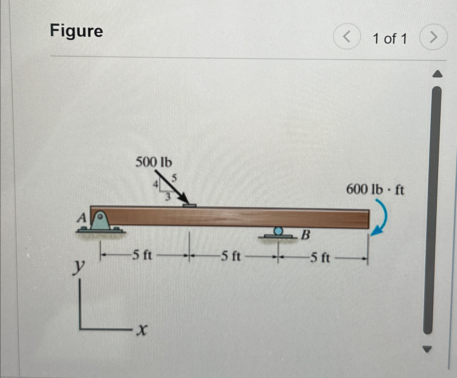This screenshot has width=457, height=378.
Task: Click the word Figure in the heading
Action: point(77,31)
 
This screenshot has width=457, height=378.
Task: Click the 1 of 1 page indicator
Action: point(390,39)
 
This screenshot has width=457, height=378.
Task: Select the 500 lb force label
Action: point(154,163)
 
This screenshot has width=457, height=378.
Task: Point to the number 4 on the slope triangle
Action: point(155,184)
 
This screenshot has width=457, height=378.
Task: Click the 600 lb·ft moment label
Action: point(375,190)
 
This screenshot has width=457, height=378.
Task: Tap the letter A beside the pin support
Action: point(82,218)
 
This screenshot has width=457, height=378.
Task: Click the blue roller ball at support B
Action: point(278,231)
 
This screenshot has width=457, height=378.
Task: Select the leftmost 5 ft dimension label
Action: point(142,255)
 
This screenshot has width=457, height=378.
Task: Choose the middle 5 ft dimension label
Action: point(231,255)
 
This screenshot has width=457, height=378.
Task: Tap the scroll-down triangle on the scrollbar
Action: point(427,349)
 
